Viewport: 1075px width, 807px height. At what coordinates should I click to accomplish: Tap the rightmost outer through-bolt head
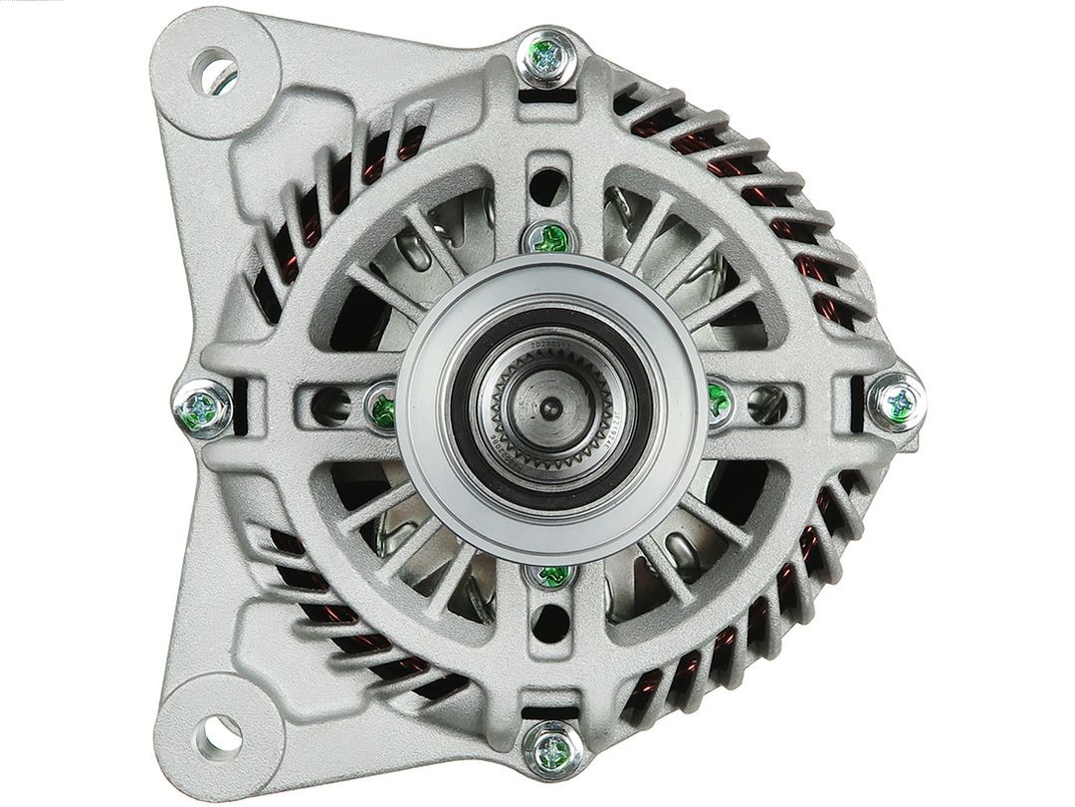(897, 403)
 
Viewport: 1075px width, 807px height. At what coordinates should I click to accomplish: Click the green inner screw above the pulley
(550, 237)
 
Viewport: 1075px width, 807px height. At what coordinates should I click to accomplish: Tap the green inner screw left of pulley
(383, 405)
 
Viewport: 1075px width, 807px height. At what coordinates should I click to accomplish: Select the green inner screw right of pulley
(719, 402)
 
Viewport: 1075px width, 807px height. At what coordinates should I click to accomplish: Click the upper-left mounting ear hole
(216, 71)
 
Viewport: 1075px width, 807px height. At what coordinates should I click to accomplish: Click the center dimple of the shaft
(550, 405)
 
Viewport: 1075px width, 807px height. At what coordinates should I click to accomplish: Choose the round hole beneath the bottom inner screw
(550, 624)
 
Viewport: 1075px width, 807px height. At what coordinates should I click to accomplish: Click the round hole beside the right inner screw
(766, 403)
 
